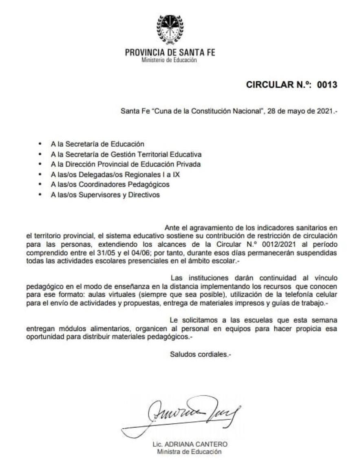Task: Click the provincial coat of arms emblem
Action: click(170, 29)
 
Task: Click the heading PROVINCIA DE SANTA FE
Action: click(170, 53)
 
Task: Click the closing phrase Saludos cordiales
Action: click(200, 354)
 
